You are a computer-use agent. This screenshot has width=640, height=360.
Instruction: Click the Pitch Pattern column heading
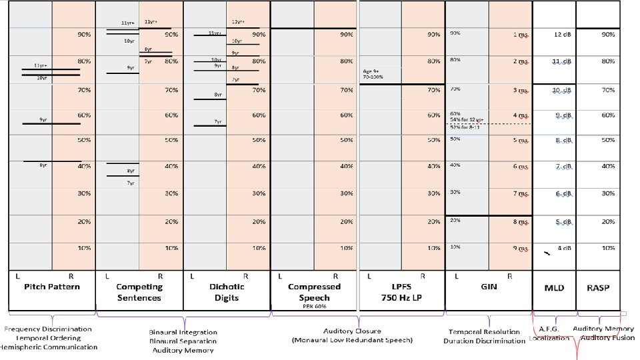click(51, 287)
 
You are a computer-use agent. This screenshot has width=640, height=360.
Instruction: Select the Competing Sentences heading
click(139, 292)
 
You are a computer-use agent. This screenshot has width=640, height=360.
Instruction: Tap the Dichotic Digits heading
click(226, 292)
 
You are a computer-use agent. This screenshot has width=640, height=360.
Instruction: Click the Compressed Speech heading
click(314, 292)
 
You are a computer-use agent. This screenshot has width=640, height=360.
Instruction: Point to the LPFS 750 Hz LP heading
click(402, 292)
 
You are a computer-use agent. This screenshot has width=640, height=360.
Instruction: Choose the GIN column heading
click(489, 287)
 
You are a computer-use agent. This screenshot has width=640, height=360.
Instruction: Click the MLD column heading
click(555, 288)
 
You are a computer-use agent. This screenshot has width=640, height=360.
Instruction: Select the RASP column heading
click(598, 288)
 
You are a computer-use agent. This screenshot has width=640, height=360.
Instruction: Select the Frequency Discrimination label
click(48, 329)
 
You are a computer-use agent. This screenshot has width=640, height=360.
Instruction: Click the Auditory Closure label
click(353, 331)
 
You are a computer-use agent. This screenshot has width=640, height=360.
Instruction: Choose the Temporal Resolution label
click(484, 331)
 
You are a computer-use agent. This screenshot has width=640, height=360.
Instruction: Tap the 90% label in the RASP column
click(608, 34)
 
